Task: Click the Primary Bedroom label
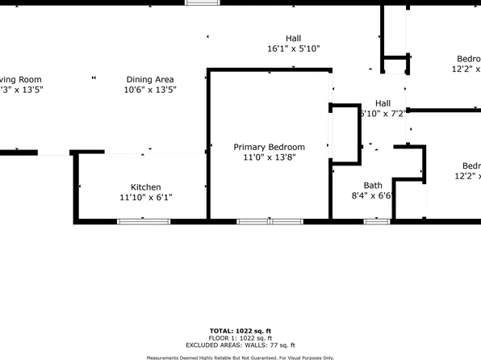coord(269,147)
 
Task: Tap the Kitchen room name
coord(145,187)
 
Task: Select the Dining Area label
coord(150,79)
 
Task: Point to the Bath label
coord(372,186)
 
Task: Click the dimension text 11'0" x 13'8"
coord(269,158)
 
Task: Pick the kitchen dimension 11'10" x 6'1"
coord(145,198)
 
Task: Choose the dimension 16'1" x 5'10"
coord(293,48)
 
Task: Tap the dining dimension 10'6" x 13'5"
coord(150,90)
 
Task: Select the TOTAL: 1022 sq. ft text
coord(240,331)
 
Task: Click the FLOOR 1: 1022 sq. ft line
coord(240,338)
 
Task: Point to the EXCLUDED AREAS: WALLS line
coord(240,345)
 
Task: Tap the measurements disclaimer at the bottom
coord(240,357)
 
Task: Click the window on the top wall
coord(203,2)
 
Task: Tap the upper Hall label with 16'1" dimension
coord(293,38)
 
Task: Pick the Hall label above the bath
coord(383,103)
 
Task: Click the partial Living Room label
coord(20,79)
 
